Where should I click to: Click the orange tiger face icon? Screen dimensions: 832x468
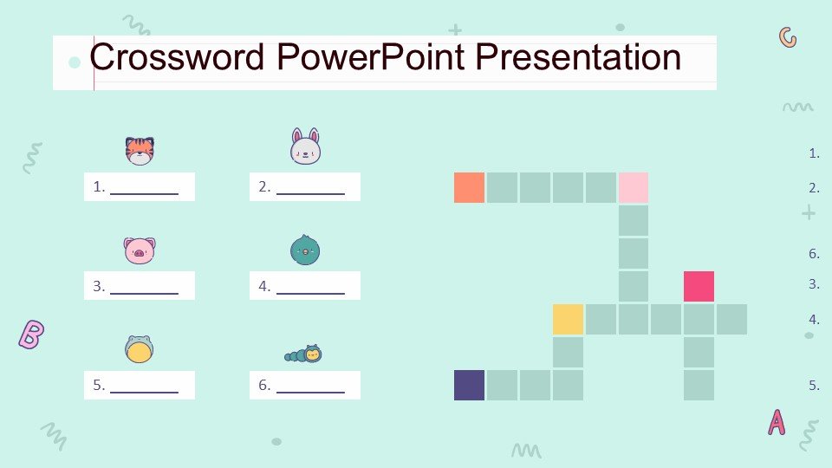140,151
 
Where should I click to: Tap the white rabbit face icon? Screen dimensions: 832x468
306,146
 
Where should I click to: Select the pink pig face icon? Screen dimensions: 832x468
140,250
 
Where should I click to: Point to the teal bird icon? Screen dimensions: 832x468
305,250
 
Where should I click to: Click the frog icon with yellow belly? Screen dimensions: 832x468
140,349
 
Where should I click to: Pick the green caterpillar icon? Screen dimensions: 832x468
303,354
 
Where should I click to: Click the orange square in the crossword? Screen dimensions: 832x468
469,187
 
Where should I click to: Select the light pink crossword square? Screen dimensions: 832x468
634,187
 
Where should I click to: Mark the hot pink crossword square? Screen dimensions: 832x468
699,286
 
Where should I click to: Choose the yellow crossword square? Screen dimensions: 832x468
568,320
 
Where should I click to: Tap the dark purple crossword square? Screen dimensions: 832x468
469,385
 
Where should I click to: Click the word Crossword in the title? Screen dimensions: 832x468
177,57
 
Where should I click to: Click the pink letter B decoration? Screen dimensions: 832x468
31,335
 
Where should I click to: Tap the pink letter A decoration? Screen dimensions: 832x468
777,422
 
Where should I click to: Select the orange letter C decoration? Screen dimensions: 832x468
788,37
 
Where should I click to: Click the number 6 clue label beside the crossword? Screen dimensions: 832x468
814,254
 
